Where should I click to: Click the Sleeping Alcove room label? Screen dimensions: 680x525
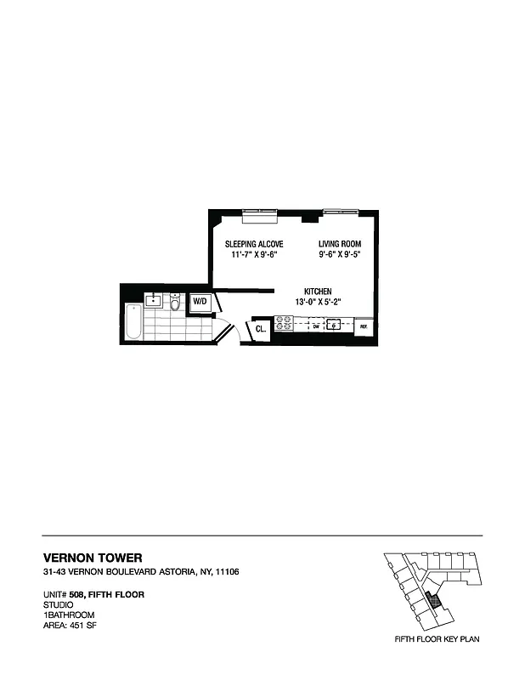[x=248, y=244]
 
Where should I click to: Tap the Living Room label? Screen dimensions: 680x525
[x=340, y=244]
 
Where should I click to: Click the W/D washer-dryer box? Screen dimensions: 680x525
[x=200, y=303]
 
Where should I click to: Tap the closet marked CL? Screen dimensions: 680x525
[x=259, y=327]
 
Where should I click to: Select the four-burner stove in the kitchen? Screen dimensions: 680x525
[x=284, y=324]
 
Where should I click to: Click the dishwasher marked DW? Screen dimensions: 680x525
[x=315, y=326]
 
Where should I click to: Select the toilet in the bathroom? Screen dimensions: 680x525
[x=176, y=303]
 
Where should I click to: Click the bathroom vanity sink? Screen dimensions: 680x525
[x=154, y=300]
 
